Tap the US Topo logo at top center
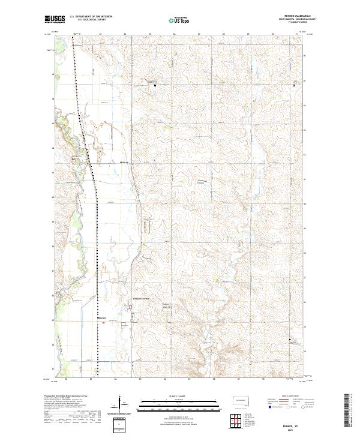click(x=178, y=20)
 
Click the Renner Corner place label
click(x=141, y=298)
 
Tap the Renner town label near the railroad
click(x=102, y=317)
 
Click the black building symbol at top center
click(x=156, y=85)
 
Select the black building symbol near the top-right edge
click(x=293, y=85)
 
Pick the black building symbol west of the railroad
click(x=75, y=159)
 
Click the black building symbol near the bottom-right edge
click(x=291, y=342)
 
